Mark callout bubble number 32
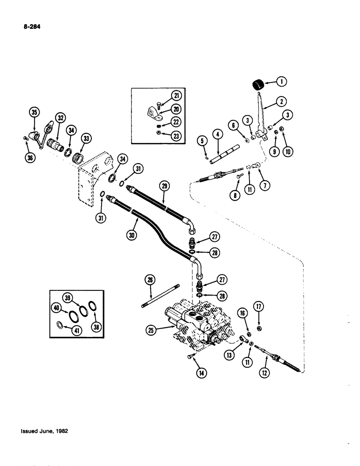pos(60,118)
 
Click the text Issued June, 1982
pos(45,432)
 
